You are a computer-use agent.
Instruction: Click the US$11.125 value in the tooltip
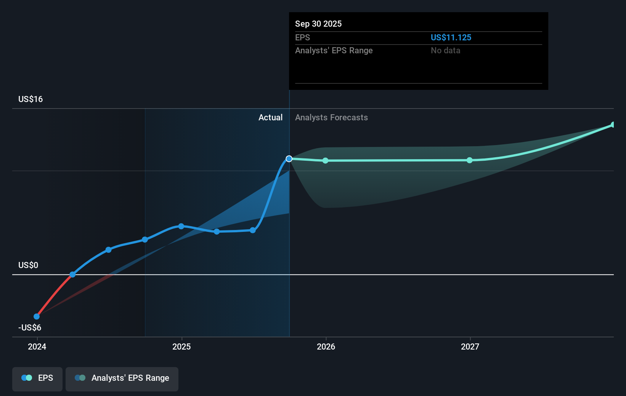point(451,37)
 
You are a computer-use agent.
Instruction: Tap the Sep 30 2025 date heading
point(318,24)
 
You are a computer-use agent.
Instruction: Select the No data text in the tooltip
point(445,50)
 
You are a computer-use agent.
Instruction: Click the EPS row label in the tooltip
point(302,37)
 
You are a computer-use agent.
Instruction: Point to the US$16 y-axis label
point(30,99)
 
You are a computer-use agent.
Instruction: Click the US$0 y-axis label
point(28,265)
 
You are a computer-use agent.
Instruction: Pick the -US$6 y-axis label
point(30,327)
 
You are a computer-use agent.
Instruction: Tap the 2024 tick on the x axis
point(37,346)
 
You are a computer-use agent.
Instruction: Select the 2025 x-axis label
point(181,346)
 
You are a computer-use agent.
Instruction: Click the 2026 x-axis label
point(326,346)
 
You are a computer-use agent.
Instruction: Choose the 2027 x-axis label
point(470,346)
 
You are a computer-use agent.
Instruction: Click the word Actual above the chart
point(270,117)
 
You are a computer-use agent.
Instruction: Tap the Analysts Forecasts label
point(331,117)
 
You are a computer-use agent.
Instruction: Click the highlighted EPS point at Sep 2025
point(289,159)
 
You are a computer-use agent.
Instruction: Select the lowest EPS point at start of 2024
point(37,316)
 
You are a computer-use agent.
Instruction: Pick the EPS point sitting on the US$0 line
point(72,275)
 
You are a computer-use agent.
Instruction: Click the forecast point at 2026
point(325,161)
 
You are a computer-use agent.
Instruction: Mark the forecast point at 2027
point(470,160)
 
